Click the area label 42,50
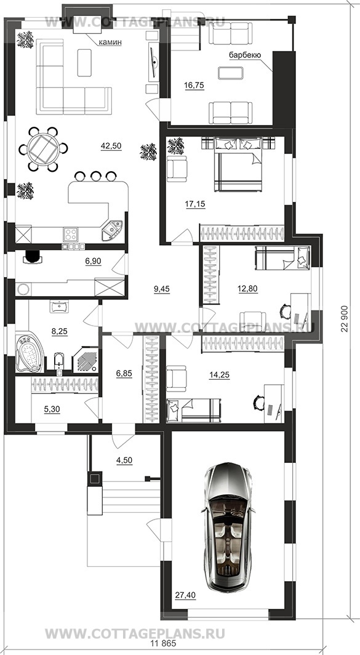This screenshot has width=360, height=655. click(111, 146)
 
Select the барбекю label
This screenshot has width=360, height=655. click(245, 55)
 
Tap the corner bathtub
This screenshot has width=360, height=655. click(30, 350)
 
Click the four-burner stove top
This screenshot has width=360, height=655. click(70, 234)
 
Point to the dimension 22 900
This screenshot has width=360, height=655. click(345, 315)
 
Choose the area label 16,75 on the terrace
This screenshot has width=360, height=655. click(193, 85)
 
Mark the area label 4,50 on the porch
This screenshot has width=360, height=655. click(124, 460)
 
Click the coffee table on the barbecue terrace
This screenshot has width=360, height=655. click(231, 73)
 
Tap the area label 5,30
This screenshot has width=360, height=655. click(52, 409)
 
